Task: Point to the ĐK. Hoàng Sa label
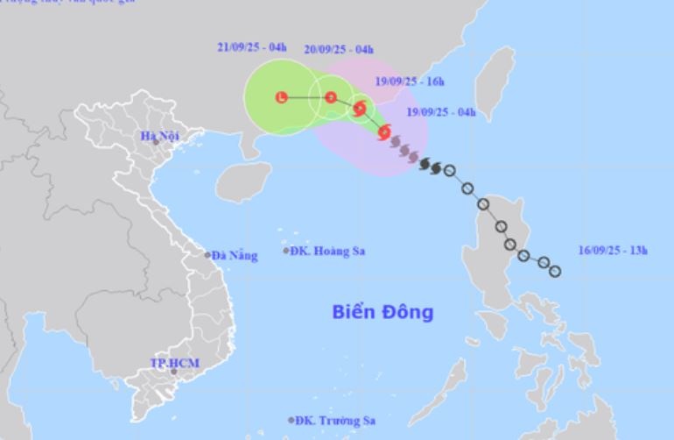coord(329,252)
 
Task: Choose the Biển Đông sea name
coord(383,311)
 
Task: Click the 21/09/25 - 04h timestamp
coord(252,48)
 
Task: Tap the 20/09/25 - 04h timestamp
coord(339,49)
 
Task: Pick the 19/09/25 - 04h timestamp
coord(442,113)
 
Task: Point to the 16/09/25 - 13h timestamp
coord(614,252)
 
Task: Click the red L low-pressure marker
coord(281,96)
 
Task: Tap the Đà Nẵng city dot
coord(207,255)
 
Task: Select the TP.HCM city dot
coord(173,372)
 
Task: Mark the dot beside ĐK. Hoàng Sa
coord(286,251)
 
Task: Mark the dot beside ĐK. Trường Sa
coord(291,420)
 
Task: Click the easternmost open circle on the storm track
coord(554,271)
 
